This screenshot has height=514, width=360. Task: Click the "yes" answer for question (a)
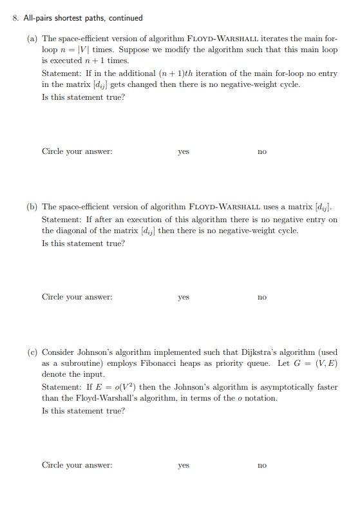(184, 152)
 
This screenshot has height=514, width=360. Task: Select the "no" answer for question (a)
(261, 152)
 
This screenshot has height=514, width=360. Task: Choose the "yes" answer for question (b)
(184, 298)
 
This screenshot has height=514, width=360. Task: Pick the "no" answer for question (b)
(261, 298)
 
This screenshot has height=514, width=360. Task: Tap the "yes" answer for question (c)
(184, 465)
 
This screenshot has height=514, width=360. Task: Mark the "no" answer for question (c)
(261, 465)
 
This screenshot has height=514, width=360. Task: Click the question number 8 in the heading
(15, 18)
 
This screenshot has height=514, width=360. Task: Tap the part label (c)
(32, 352)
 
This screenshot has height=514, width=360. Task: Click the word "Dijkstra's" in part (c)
(258, 352)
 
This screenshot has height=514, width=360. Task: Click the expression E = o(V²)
(109, 387)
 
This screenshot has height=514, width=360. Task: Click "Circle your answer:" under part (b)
(77, 298)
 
